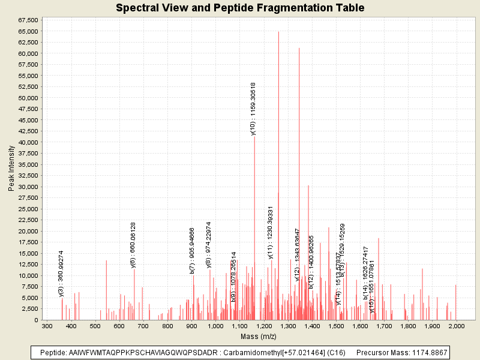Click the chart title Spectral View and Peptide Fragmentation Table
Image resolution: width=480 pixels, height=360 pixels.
coord(240,8)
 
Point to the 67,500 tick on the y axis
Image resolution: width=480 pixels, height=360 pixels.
coord(28,20)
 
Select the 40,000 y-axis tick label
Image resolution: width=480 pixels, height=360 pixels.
coord(28,142)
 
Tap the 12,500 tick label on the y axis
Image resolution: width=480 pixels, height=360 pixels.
coord(28,265)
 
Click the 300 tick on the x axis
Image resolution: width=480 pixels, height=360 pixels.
coord(47,326)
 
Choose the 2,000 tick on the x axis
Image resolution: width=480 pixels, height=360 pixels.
coord(456,326)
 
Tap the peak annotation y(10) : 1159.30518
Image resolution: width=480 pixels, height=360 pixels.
coord(253,109)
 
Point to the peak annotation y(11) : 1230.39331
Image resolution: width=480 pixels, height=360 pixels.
coord(271,232)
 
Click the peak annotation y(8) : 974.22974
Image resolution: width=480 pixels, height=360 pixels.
coord(209,244)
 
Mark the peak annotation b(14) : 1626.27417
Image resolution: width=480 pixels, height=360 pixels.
coord(365,272)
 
